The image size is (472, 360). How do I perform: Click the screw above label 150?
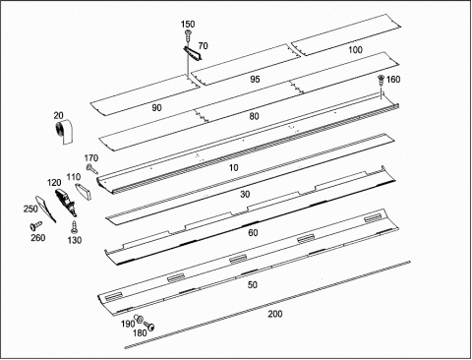pyautogui.click(x=188, y=34)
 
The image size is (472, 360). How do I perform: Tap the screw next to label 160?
pyautogui.click(x=381, y=80)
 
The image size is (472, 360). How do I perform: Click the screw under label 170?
pyautogui.click(x=91, y=169)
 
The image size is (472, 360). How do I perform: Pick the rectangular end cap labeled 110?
pyautogui.click(x=85, y=192)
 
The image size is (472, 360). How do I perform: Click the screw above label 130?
pyautogui.click(x=74, y=226)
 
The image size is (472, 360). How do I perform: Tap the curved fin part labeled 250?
pyautogui.click(x=45, y=209)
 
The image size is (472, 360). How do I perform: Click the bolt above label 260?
pyautogui.click(x=35, y=225)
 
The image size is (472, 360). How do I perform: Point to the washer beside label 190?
pyautogui.click(x=139, y=318)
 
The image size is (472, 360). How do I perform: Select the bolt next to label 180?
pyautogui.click(x=149, y=326)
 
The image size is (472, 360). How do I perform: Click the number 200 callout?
pyautogui.click(x=275, y=314)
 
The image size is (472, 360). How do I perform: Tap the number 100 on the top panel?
pyautogui.click(x=355, y=50)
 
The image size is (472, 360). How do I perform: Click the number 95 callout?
pyautogui.click(x=255, y=79)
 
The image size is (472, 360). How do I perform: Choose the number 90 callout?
pyautogui.click(x=156, y=107)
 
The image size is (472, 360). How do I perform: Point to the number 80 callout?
pyautogui.click(x=254, y=116)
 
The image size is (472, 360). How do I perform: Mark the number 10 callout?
pyautogui.click(x=233, y=168)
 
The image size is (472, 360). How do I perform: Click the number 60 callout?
pyautogui.click(x=253, y=233)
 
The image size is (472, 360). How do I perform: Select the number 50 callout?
pyautogui.click(x=253, y=285)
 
